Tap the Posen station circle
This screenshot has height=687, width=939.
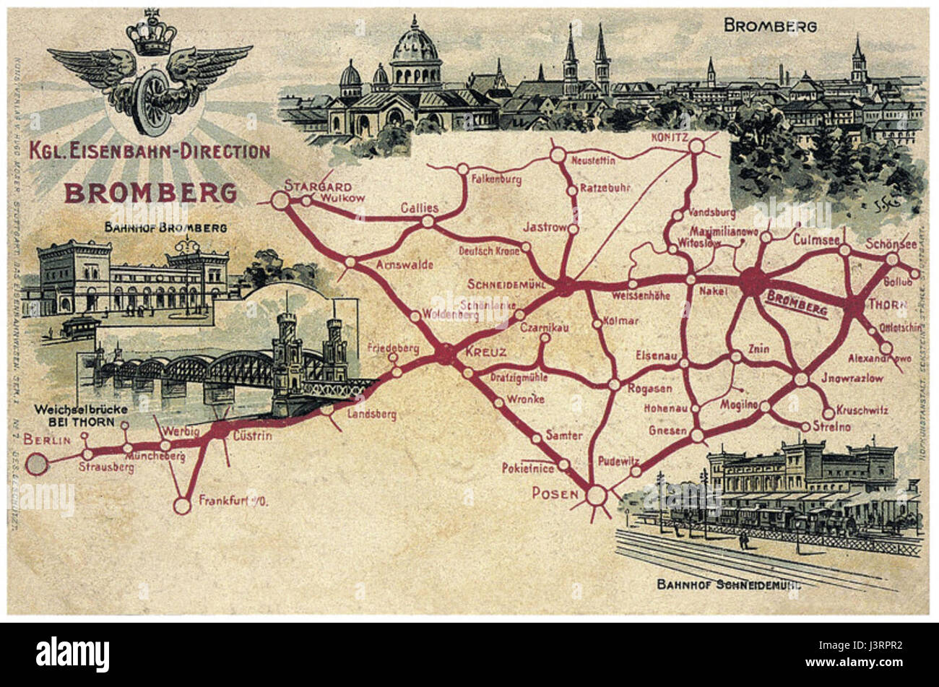(x=596, y=496)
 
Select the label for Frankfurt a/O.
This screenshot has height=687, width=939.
(x=233, y=500)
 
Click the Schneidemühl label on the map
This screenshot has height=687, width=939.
(x=504, y=282)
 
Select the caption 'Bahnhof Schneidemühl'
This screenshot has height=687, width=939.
(x=728, y=584)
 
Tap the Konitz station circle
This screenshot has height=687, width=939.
(x=696, y=147)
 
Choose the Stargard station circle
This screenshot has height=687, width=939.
(x=280, y=201)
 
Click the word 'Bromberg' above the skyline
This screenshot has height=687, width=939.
(x=770, y=27)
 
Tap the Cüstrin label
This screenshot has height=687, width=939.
(x=252, y=436)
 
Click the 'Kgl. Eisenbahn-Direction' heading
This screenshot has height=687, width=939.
(x=150, y=151)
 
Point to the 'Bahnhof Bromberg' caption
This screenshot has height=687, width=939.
(x=165, y=228)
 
